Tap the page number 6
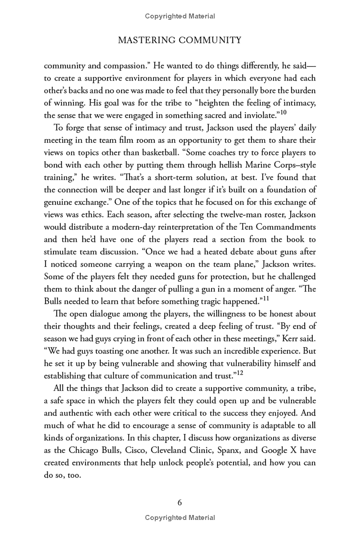pyautogui.click(x=180, y=503)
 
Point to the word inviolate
pyautogui.click(x=255, y=114)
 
